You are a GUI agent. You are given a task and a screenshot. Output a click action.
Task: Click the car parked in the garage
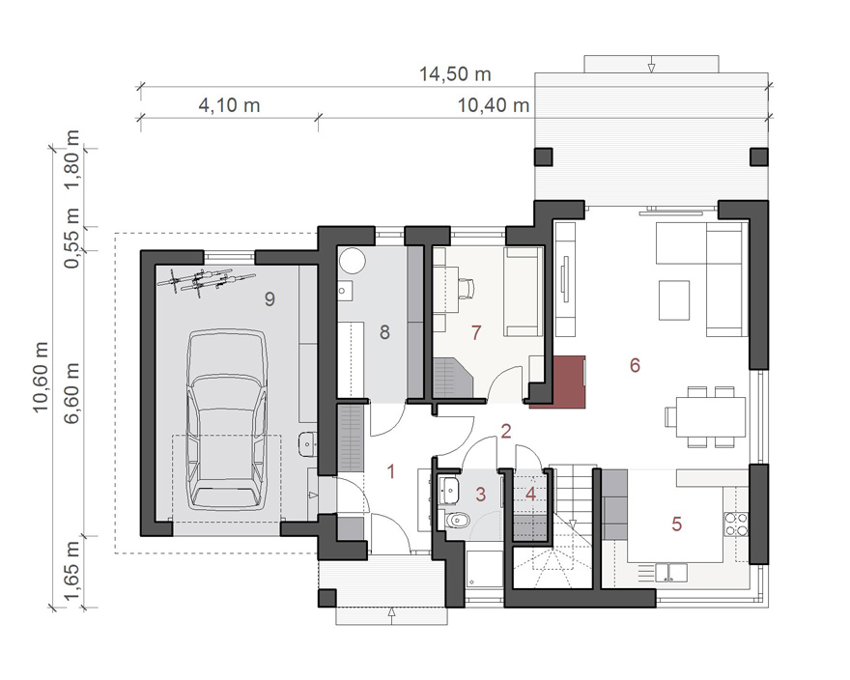(227, 419)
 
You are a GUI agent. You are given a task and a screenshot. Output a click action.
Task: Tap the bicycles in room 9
(205, 280)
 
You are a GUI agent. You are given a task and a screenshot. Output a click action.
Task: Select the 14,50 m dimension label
(455, 74)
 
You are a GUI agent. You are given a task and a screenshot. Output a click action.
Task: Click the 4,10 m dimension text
(229, 104)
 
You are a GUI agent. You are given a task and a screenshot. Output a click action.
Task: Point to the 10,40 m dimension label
(494, 104)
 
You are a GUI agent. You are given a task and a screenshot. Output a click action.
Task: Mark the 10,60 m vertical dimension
(42, 378)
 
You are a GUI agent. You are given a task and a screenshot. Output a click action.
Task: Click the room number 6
(635, 365)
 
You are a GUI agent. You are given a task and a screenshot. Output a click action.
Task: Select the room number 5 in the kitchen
(676, 524)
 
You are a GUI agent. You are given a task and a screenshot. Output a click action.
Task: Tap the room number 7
(476, 332)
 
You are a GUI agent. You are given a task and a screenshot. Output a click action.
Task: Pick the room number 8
(384, 332)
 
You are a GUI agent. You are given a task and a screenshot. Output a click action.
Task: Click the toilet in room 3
(457, 522)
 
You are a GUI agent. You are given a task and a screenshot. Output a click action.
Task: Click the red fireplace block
(558, 382)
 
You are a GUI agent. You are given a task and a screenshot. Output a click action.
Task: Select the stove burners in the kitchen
(736, 524)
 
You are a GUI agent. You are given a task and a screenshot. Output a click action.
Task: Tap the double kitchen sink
(670, 573)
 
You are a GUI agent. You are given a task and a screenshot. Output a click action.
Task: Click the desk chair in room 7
(466, 288)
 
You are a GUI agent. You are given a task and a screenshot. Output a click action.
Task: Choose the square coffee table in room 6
(674, 299)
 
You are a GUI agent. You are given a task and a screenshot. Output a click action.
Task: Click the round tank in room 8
(353, 260)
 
